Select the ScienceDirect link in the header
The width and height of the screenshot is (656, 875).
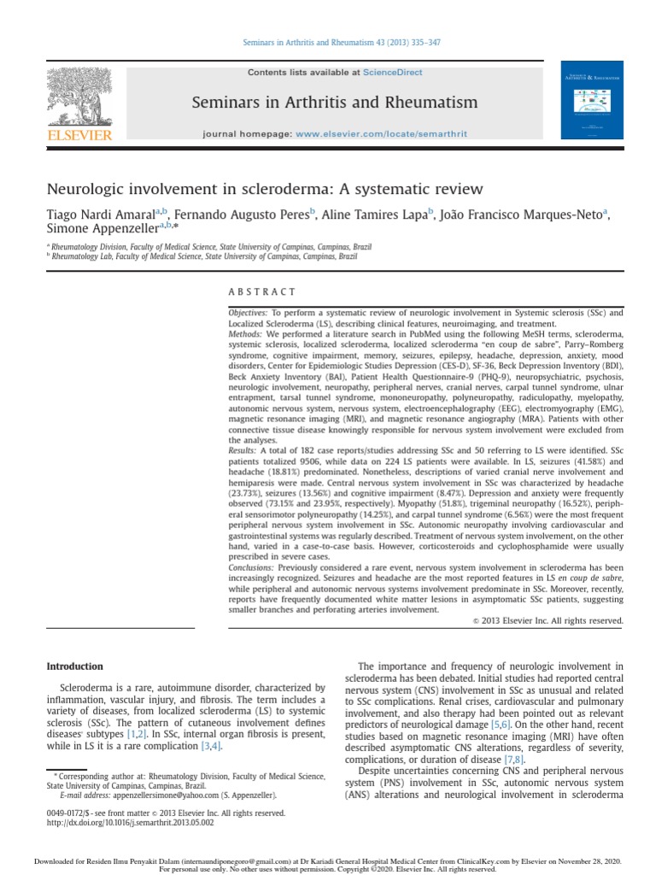(x=394, y=73)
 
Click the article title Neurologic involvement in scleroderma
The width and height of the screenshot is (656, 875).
(x=265, y=189)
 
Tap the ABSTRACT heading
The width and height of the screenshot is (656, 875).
(x=262, y=292)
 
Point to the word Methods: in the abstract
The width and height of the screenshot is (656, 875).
(x=245, y=334)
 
